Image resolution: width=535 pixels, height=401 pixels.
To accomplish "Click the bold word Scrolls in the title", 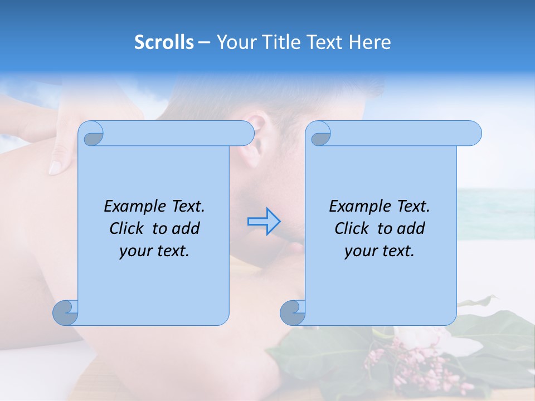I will click(164, 42).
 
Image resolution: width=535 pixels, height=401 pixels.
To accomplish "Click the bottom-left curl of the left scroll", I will click(66, 312).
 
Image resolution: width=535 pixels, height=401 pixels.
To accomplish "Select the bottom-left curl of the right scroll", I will click(293, 312).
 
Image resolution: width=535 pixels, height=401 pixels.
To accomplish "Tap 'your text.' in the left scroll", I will click(154, 251).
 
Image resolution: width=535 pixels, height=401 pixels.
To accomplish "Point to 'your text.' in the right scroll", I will click(380, 251).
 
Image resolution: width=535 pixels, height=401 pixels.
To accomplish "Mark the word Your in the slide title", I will click(235, 42).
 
